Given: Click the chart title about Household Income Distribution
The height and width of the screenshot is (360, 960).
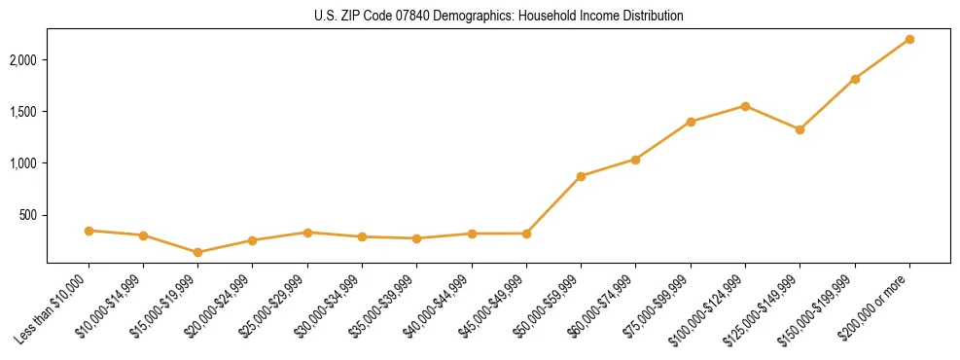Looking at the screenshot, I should [499, 16].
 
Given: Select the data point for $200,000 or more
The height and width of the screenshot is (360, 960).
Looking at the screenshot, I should [909, 39].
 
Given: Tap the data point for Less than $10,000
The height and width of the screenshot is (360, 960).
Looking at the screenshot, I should [89, 231].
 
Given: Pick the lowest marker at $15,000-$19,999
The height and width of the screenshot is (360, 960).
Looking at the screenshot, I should [197, 252].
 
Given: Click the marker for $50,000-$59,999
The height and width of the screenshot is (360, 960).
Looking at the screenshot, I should [581, 176].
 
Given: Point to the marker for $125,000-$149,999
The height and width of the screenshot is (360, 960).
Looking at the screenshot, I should [800, 129].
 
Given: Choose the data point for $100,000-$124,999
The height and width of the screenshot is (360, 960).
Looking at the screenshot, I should [745, 106].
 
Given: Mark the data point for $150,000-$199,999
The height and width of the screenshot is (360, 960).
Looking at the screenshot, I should [855, 79].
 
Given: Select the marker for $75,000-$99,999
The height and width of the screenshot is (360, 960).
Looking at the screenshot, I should [691, 122].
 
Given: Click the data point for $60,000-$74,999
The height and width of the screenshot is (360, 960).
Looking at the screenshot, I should [635, 160].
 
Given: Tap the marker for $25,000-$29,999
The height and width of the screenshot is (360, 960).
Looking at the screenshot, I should [307, 233].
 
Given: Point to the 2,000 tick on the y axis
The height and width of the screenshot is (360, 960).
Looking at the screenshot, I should [22, 60].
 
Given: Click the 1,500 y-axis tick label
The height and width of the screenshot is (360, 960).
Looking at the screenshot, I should [22, 112].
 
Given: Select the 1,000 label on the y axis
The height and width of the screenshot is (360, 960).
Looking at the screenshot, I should [22, 163].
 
